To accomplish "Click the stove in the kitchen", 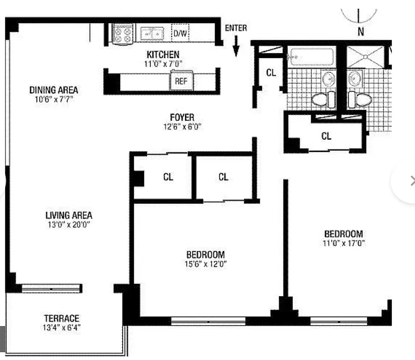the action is click(x=123, y=33).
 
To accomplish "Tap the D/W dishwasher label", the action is click(x=180, y=33).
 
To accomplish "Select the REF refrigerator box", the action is click(x=181, y=80).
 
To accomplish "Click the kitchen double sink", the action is click(x=152, y=33).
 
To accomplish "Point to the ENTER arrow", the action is click(x=236, y=46).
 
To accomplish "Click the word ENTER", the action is click(x=236, y=28).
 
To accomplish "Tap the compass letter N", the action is click(x=361, y=32).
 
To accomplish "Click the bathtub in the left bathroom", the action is click(x=311, y=57).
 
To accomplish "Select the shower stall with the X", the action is click(x=365, y=57).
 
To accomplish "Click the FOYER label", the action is click(x=182, y=117).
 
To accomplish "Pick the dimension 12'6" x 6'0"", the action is click(x=182, y=127).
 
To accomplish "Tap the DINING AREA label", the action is click(x=54, y=90).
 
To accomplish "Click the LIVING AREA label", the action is click(x=69, y=215).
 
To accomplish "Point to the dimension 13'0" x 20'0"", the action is click(x=69, y=225).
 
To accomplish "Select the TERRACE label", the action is click(x=62, y=318).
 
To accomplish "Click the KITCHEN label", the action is click(x=163, y=54).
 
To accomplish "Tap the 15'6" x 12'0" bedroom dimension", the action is click(x=206, y=264).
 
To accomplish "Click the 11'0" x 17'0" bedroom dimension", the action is click(x=344, y=243).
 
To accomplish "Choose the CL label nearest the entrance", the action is click(x=271, y=73).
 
